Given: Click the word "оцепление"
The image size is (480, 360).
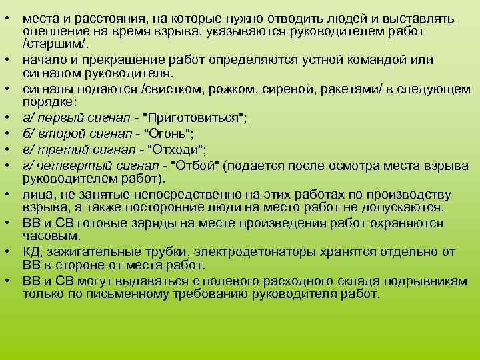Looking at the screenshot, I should click(50, 31).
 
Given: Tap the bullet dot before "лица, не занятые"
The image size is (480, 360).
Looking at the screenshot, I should click(12, 193).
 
